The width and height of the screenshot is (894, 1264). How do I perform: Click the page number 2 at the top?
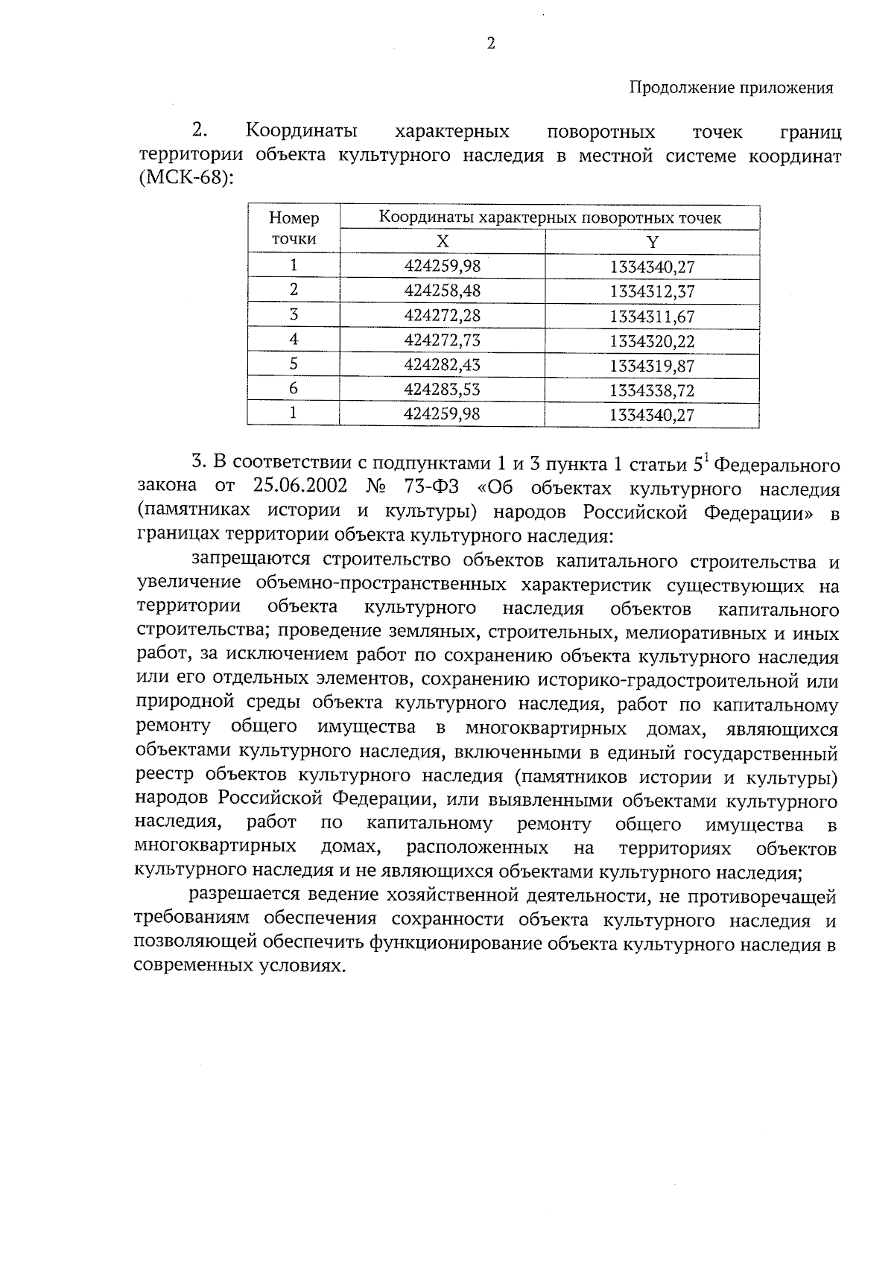coord(490,44)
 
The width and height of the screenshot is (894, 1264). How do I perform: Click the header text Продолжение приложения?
coord(731,88)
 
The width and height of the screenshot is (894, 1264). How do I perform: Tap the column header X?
coord(443,241)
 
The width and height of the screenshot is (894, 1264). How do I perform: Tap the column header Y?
coord(652,241)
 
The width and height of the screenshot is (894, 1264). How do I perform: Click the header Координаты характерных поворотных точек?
coord(550,217)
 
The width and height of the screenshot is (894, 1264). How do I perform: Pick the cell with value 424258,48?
coord(443,290)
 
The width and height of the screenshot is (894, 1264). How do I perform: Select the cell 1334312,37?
coord(652,291)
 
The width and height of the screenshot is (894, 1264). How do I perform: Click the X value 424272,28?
coord(443,315)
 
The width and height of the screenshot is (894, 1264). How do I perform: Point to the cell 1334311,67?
coord(652,317)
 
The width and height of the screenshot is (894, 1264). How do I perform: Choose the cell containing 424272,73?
coord(443,340)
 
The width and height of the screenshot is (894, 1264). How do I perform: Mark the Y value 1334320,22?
coord(652,342)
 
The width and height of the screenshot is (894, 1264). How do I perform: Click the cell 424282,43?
coord(443,365)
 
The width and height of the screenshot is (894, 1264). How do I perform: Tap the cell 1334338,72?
coord(652,391)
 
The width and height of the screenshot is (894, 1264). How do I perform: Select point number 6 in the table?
coord(294,389)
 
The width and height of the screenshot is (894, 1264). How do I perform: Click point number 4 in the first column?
coord(294,339)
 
